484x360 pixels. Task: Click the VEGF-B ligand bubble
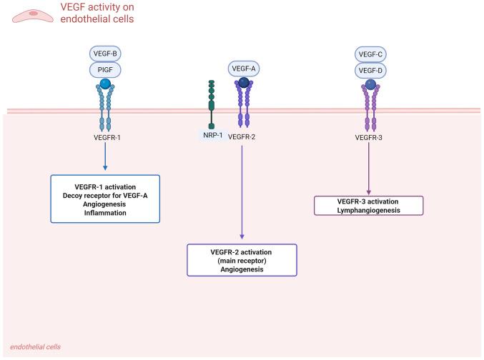pos(105,54)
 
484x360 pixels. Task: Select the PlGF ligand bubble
pos(105,70)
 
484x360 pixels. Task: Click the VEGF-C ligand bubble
pos(370,54)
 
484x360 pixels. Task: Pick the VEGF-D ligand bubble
pos(370,70)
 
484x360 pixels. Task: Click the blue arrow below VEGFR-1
pos(105,157)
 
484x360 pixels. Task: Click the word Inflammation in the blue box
pos(105,212)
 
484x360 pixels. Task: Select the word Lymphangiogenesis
pos(370,209)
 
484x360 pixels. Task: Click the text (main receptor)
pos(242,261)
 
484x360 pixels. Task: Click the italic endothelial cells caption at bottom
pos(35,346)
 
